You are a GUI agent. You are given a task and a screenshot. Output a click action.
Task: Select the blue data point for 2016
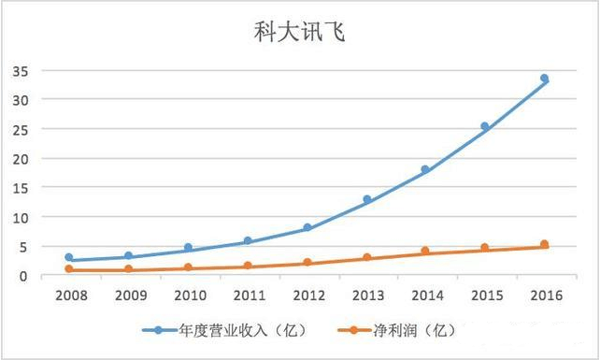[x=544, y=79]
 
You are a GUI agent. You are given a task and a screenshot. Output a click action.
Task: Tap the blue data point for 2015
[x=485, y=126]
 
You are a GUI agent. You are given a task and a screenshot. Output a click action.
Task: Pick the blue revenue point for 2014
[x=425, y=169]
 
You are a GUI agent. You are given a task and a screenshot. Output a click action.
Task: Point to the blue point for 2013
[x=366, y=199]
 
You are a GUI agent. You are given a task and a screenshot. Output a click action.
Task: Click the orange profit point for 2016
[x=544, y=244]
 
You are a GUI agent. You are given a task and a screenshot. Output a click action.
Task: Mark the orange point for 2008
[x=69, y=269]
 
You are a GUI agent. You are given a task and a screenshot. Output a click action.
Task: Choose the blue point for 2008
[x=69, y=257]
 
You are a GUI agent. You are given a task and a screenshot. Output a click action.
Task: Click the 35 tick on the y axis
[x=20, y=70]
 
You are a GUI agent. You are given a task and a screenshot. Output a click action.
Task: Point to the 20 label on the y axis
[x=20, y=158]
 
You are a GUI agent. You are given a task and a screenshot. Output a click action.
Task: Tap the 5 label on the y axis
[x=23, y=246]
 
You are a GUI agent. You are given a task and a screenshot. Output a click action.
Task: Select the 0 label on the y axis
[x=23, y=276]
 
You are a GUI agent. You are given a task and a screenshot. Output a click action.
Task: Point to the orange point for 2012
[x=307, y=263]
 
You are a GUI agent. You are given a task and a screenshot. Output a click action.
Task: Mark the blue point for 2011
[x=248, y=241]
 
